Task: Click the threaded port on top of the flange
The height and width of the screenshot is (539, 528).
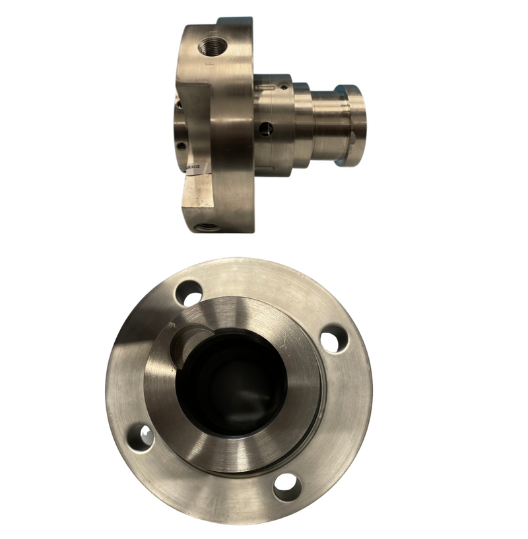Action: (213, 47)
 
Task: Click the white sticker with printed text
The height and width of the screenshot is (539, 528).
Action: (197, 169)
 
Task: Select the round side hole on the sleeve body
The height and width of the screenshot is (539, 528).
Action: (266, 127)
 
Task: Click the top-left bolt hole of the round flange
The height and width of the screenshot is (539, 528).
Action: (189, 291)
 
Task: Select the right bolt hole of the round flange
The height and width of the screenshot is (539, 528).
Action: (334, 338)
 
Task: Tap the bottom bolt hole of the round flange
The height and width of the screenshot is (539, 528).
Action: (287, 487)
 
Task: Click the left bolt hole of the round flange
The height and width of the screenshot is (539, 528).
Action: (141, 437)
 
